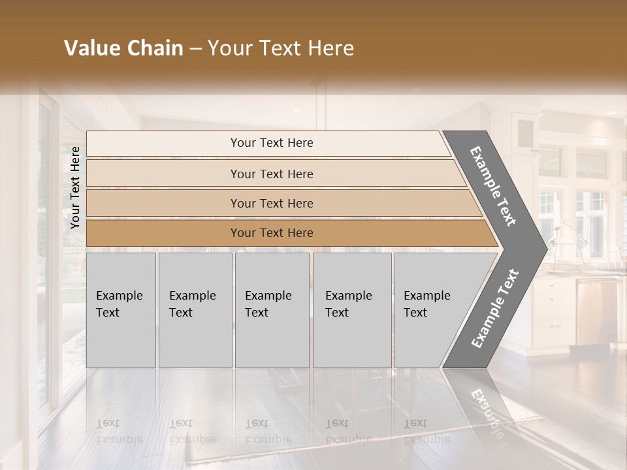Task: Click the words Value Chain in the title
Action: pos(123,48)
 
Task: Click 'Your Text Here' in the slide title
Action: pos(281,48)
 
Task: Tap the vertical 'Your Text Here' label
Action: pos(75,187)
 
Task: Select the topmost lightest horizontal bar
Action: pos(268,143)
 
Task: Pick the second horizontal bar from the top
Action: pos(271,174)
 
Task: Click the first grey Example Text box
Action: pos(121,310)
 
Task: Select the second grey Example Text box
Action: pos(195,310)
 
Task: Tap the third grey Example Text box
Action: pos(271,310)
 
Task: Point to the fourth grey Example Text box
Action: pos(351,310)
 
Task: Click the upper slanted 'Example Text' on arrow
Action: pos(493,186)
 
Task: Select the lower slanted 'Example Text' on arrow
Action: pos(494,308)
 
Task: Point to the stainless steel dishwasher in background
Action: pos(598,310)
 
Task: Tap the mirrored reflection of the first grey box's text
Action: pos(120,431)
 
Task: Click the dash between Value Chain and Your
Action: pos(195,49)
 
